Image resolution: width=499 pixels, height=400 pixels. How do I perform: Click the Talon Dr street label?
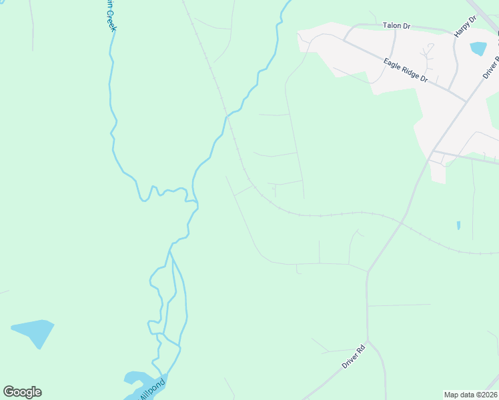point(396,25)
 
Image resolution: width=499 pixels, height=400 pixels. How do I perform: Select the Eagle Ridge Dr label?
point(406,69)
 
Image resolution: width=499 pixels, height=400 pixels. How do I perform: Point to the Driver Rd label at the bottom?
point(354,356)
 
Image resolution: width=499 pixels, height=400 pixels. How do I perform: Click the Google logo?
point(23,392)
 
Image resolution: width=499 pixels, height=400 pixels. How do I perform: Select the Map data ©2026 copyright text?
point(470,395)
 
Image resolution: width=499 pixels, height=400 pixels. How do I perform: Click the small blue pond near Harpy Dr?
point(478,48)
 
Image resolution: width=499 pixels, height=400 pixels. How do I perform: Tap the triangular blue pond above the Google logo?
point(33,331)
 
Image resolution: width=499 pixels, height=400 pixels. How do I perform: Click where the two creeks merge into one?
point(170,249)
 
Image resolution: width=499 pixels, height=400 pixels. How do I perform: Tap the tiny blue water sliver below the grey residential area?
point(458,225)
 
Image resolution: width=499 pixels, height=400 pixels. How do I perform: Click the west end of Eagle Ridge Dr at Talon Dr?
point(344,38)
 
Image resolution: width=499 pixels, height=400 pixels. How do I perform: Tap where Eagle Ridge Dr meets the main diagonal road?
point(466,101)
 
